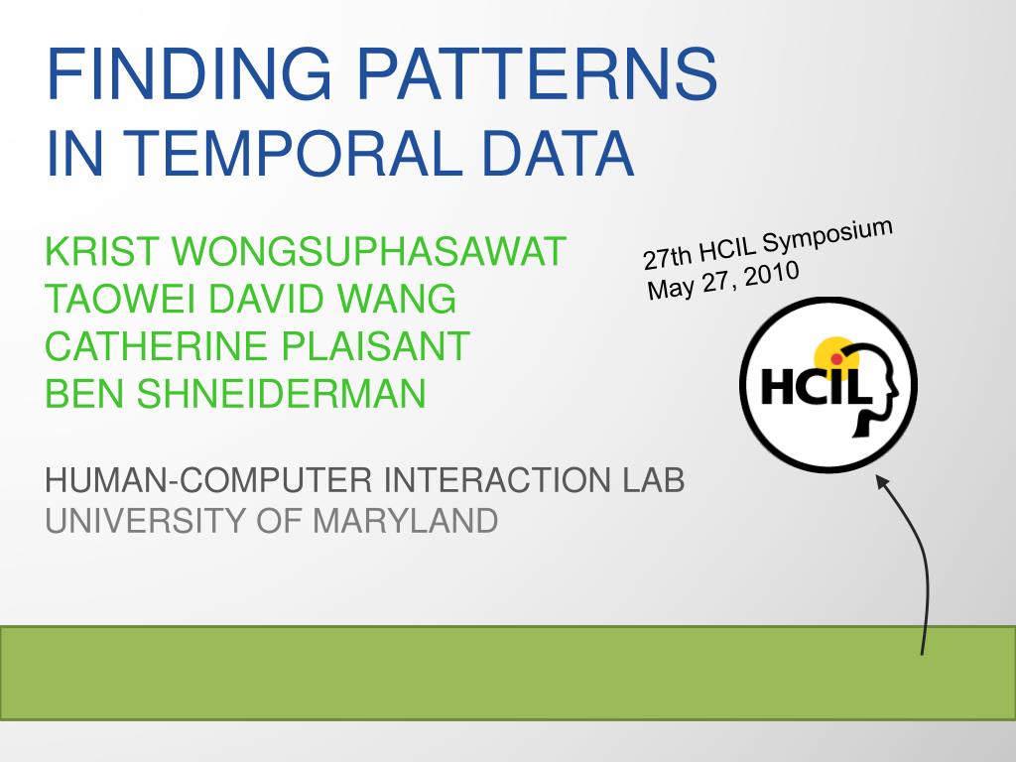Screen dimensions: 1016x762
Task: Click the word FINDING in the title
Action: click(x=189, y=72)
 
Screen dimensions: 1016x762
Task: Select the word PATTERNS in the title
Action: click(x=537, y=72)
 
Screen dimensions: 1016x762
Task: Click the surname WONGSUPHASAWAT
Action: click(x=369, y=251)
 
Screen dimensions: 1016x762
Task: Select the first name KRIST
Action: click(x=102, y=251)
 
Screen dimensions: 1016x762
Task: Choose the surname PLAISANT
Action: click(x=376, y=346)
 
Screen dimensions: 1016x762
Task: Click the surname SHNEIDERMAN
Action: click(x=281, y=393)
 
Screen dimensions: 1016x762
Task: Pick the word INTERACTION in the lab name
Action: click(x=497, y=480)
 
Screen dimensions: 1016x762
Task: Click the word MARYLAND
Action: click(x=405, y=521)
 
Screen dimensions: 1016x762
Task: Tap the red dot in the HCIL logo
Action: click(x=836, y=358)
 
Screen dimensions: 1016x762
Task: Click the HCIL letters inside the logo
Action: click(x=815, y=386)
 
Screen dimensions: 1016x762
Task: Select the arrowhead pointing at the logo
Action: click(x=882, y=482)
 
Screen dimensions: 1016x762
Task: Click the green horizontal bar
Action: click(x=508, y=673)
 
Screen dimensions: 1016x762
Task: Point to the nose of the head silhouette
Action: click(x=896, y=391)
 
